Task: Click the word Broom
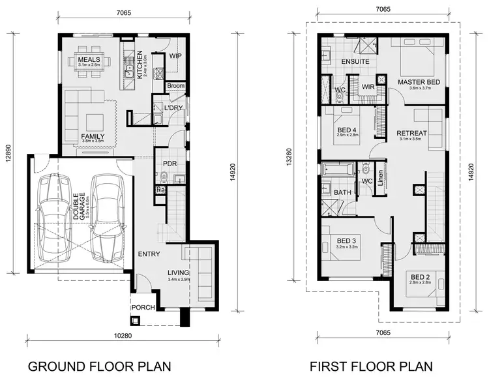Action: [175, 85]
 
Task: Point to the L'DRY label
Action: [173, 108]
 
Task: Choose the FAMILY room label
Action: [93, 136]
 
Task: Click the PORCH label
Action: [143, 307]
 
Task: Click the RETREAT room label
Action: [412, 134]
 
